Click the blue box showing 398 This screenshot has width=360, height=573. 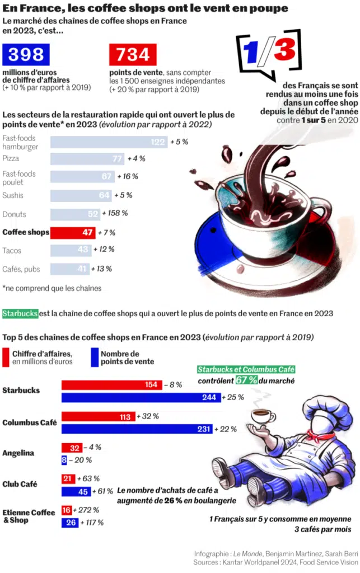click(26, 55)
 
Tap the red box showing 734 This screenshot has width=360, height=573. click(133, 55)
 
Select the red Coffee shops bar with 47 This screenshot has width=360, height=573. click(72, 232)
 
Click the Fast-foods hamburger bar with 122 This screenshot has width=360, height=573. click(109, 142)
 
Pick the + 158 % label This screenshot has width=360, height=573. click(115, 213)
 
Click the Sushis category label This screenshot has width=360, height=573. click(13, 195)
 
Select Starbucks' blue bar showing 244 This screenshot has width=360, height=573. click(141, 397)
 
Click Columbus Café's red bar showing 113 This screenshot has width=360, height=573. click(98, 416)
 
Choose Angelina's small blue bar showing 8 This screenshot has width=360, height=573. click(64, 460)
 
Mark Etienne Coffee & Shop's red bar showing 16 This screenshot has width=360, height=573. click(67, 510)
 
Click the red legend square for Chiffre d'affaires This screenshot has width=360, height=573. click(6, 357)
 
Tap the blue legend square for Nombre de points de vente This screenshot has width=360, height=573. click(95, 357)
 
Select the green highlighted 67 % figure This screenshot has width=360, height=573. click(246, 381)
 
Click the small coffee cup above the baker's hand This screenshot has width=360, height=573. click(262, 415)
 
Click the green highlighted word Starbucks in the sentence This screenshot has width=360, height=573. click(20, 313)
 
